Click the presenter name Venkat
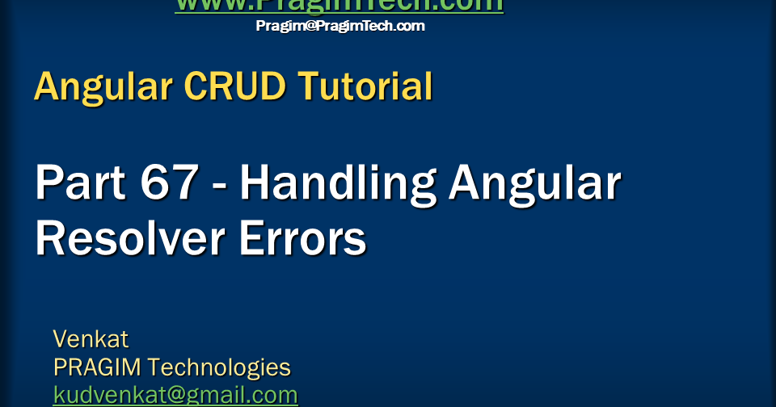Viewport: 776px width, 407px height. pyautogui.click(x=91, y=338)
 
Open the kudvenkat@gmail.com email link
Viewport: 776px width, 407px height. pyautogui.click(x=175, y=395)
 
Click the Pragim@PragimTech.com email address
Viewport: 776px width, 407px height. pyautogui.click(x=340, y=26)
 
